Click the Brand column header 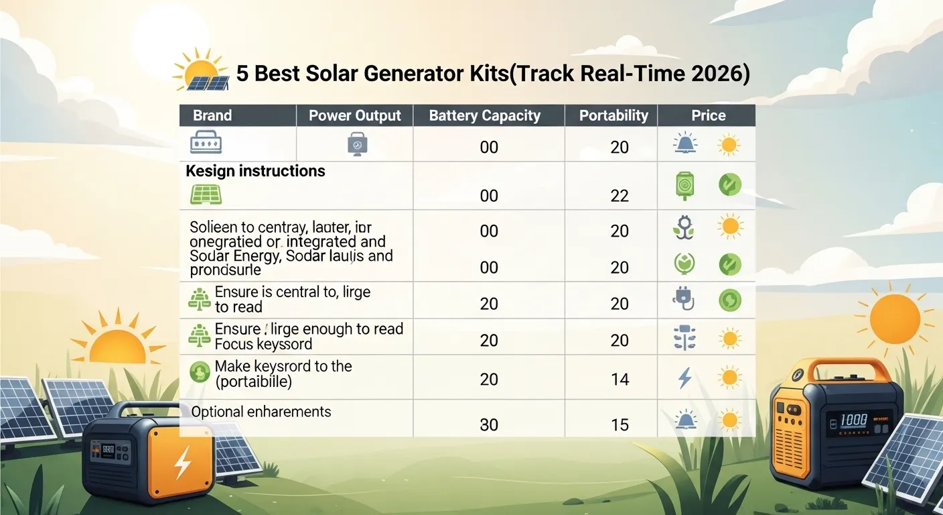[212, 115]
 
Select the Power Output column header [354, 115]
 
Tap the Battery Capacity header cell [484, 115]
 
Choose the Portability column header [613, 115]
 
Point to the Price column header [708, 115]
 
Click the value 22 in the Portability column [620, 195]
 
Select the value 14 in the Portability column [620, 380]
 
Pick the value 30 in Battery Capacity [489, 425]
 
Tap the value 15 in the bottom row [620, 425]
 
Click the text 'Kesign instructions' [255, 171]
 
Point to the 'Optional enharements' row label [261, 412]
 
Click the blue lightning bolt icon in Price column [684, 378]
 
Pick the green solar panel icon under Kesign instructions [206, 194]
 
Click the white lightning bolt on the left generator [182, 462]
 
